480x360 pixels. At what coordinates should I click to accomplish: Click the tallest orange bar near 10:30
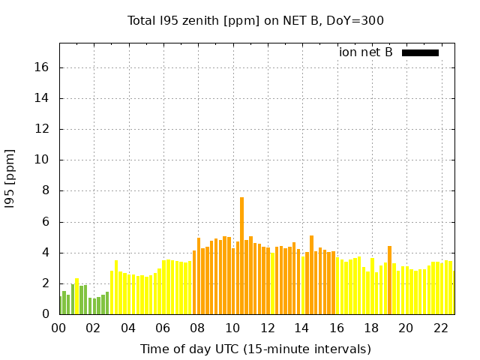pyautogui.click(x=241, y=255)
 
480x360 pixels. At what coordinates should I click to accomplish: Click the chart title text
pyautogui.click(x=255, y=20)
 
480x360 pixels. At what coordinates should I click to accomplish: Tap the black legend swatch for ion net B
pyautogui.click(x=420, y=52)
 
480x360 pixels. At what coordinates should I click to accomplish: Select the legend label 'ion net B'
pyautogui.click(x=366, y=52)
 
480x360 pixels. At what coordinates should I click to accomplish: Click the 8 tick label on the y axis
pyautogui.click(x=45, y=190)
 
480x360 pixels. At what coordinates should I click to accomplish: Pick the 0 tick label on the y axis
pyautogui.click(x=45, y=314)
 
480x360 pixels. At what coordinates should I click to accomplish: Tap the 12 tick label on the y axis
pyautogui.click(x=42, y=129)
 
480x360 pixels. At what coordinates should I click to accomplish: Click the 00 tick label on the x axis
pyautogui.click(x=59, y=328)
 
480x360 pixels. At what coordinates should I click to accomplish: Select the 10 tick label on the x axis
pyautogui.click(x=232, y=328)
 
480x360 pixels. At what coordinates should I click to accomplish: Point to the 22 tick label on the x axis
pyautogui.click(x=441, y=328)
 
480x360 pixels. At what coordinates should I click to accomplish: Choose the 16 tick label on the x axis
pyautogui.click(x=337, y=328)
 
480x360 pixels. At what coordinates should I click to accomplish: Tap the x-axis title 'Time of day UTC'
pyautogui.click(x=255, y=349)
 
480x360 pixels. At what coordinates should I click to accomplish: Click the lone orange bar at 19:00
pyautogui.click(x=389, y=280)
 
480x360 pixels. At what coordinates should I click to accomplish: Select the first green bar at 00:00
pyautogui.click(x=60, y=306)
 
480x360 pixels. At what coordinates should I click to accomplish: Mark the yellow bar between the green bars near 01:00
pyautogui.click(x=76, y=297)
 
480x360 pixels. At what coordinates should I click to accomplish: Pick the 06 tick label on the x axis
pyautogui.click(x=163, y=328)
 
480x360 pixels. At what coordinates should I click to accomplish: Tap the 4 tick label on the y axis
pyautogui.click(x=45, y=253)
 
